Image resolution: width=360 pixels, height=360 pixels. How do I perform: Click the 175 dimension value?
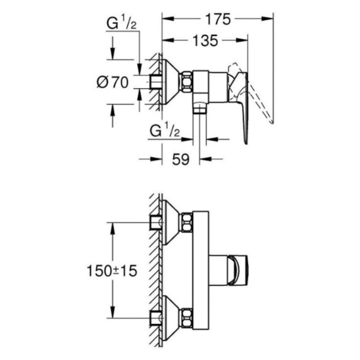218,19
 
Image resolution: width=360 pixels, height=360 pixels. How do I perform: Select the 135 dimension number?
205,41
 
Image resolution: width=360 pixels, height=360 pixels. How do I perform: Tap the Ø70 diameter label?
113,82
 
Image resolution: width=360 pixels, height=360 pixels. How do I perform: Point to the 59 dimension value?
181,159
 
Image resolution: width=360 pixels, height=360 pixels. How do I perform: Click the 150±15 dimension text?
112,270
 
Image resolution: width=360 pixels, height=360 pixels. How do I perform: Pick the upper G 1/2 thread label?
122,24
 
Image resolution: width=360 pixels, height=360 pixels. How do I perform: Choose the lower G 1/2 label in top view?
165,131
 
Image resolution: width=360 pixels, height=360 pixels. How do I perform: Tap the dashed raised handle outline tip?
272,122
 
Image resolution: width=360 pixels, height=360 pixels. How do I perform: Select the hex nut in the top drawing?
187,81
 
